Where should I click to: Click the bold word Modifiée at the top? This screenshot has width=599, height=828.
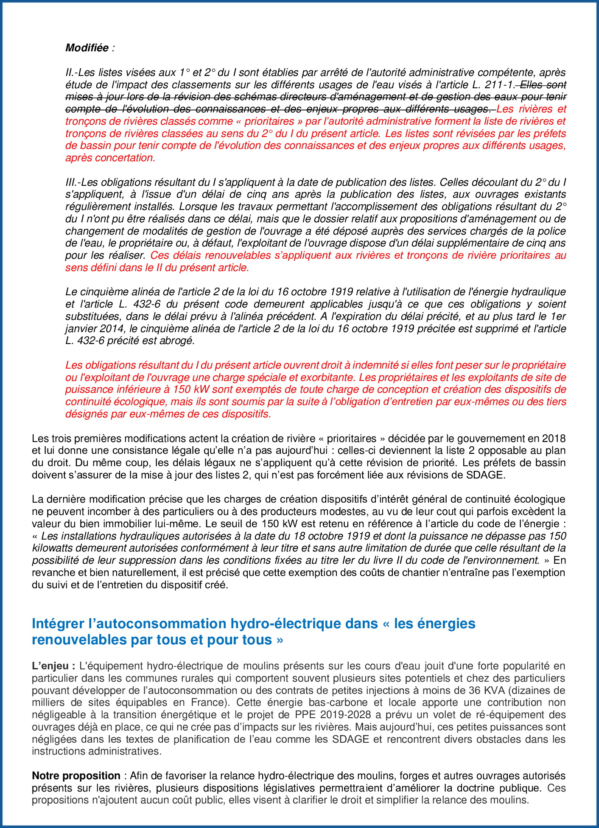87,48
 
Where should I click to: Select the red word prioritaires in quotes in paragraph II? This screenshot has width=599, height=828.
269,121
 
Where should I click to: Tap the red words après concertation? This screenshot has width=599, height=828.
110,158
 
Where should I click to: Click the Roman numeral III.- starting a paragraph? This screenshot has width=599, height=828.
72,182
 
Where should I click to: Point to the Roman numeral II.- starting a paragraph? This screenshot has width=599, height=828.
71,73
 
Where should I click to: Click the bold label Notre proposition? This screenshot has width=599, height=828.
76,776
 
